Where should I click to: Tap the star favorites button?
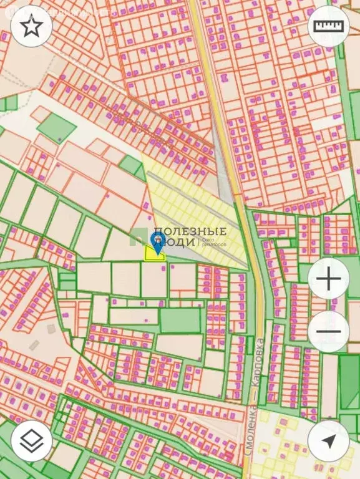pos(32,26)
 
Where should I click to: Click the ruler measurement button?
pos(329,26)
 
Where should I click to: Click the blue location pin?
pos(158,242)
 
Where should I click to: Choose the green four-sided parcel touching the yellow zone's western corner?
pos(131,165)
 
